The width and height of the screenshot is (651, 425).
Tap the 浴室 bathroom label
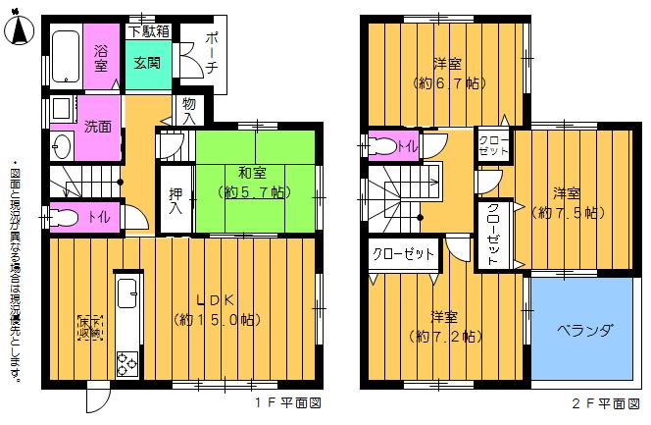[101, 58]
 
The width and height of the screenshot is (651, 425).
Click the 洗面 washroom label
[97, 127]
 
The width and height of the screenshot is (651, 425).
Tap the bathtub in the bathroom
[66, 57]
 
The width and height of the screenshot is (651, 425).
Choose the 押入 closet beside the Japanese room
[176, 200]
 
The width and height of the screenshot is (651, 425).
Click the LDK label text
[216, 300]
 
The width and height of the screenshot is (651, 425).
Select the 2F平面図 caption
[600, 403]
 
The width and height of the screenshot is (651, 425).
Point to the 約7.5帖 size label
[566, 211]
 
